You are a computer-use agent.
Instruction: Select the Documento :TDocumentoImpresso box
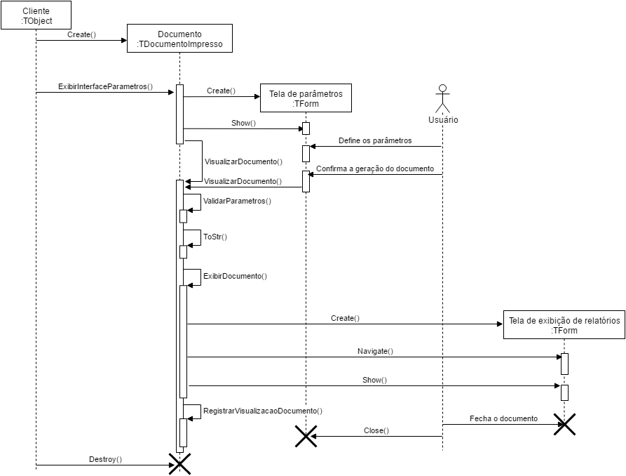(x=179, y=39)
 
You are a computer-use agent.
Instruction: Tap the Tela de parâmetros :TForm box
(x=306, y=98)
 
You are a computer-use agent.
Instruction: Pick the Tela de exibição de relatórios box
(x=565, y=325)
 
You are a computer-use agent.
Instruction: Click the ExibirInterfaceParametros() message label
(x=106, y=86)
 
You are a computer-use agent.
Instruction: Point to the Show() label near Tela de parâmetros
(x=243, y=123)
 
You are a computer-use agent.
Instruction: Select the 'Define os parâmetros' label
(x=375, y=140)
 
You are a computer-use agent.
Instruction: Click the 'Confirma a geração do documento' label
(x=375, y=168)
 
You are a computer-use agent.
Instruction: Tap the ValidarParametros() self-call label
(x=237, y=201)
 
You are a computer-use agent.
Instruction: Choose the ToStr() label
(x=215, y=237)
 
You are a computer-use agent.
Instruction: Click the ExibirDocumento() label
(x=235, y=276)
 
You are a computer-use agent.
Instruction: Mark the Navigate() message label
(x=376, y=351)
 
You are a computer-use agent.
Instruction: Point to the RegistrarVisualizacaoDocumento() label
(x=263, y=410)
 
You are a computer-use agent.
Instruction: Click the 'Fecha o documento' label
(x=503, y=418)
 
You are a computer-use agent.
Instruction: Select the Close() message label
(x=376, y=430)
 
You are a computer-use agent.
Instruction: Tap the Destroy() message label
(x=106, y=459)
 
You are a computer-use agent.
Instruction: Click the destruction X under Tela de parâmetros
(x=306, y=436)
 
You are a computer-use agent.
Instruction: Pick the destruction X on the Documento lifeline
(x=179, y=464)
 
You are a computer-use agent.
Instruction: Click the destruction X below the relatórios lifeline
(x=565, y=424)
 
